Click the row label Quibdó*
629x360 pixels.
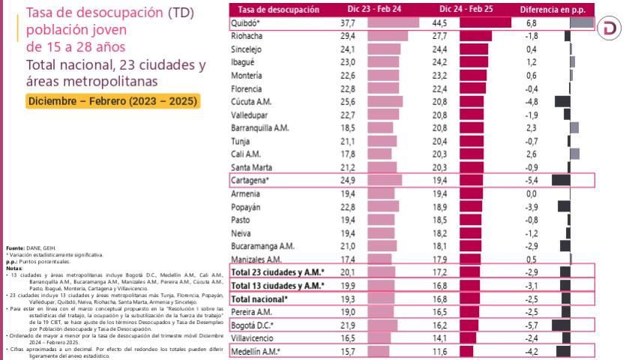[248, 23]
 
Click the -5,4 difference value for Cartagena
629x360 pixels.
[529, 180]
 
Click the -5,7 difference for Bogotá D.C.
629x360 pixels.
[529, 325]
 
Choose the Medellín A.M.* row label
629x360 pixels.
[255, 351]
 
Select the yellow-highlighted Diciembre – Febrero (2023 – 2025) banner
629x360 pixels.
[112, 100]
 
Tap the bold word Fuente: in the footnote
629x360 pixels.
[16, 247]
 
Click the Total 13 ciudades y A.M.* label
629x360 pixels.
[277, 285]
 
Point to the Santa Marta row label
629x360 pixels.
[252, 167]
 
